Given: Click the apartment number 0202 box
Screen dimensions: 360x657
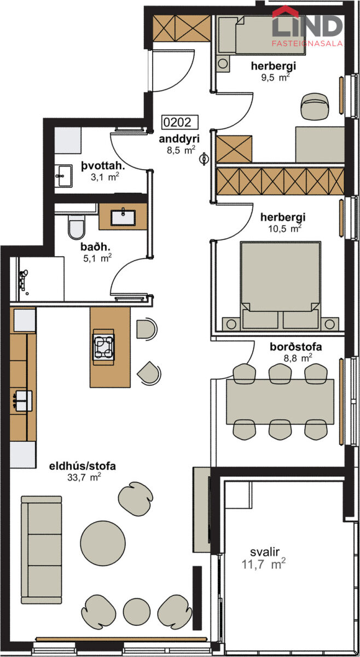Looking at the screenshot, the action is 180,122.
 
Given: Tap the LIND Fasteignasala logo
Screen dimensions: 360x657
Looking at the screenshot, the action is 307,26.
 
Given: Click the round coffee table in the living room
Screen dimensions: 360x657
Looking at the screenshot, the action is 103,543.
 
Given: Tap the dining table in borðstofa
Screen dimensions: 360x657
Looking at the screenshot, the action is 280,401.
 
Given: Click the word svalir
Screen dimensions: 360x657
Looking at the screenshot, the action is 264,552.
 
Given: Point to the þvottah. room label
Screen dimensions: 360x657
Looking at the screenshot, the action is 103,166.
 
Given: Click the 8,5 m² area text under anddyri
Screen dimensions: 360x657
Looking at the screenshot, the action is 181,150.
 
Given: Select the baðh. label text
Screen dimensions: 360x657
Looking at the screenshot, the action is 95,247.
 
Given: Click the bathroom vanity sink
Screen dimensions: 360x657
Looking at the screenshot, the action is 123,217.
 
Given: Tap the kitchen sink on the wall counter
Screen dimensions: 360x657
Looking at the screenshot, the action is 21,400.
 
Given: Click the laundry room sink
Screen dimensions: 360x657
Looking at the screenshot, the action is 63,176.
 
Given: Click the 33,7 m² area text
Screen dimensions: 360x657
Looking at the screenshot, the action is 84,477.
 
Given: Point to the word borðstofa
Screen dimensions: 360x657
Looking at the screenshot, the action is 296,347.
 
